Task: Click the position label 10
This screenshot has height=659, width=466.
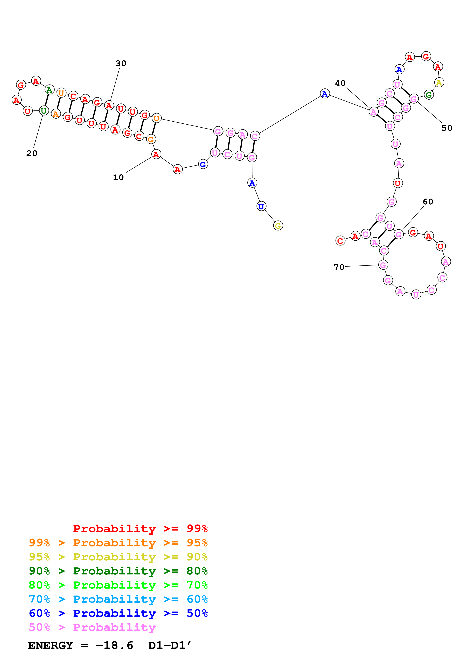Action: [118, 177]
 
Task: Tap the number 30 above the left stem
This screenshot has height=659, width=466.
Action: [121, 63]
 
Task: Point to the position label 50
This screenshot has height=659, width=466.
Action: [446, 128]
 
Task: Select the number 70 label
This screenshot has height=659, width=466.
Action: [339, 267]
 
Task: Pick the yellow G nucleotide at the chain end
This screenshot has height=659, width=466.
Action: [278, 226]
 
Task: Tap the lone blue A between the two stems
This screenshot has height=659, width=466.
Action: [325, 94]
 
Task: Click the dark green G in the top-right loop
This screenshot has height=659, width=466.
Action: [429, 95]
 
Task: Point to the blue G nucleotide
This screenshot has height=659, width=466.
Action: [203, 164]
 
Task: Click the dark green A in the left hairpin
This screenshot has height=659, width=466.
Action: [49, 90]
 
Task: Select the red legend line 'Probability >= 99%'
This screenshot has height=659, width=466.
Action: [140, 528]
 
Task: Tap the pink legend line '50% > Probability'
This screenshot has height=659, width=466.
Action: [92, 627]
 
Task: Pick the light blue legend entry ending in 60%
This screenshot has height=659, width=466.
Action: [118, 599]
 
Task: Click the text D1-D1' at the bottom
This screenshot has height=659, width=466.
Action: [169, 645]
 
